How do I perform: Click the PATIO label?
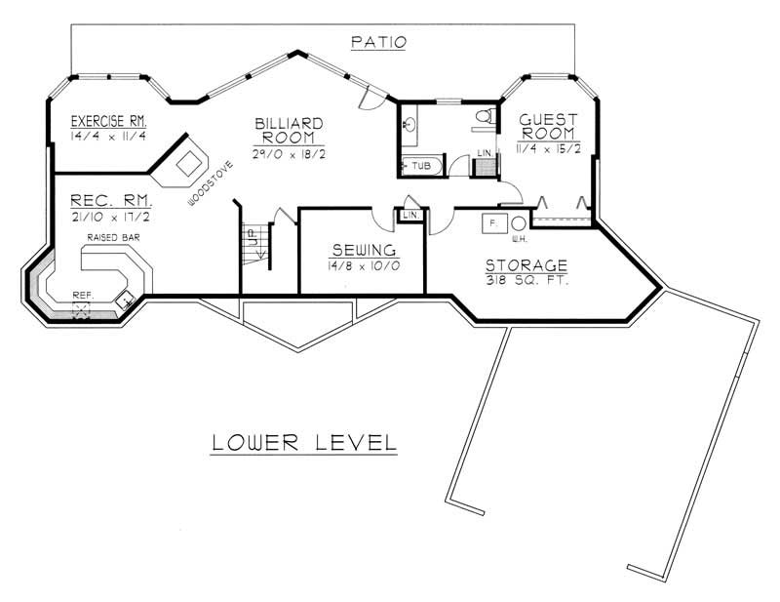(x=378, y=42)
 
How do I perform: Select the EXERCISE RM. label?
(x=108, y=122)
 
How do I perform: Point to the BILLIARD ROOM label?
(x=289, y=131)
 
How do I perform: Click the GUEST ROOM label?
(x=547, y=126)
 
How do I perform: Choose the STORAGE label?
(x=527, y=265)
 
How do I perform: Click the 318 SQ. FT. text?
(x=527, y=281)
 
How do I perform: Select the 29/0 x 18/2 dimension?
(x=289, y=154)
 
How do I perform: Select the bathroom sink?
(x=410, y=124)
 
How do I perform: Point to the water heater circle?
(x=520, y=223)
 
